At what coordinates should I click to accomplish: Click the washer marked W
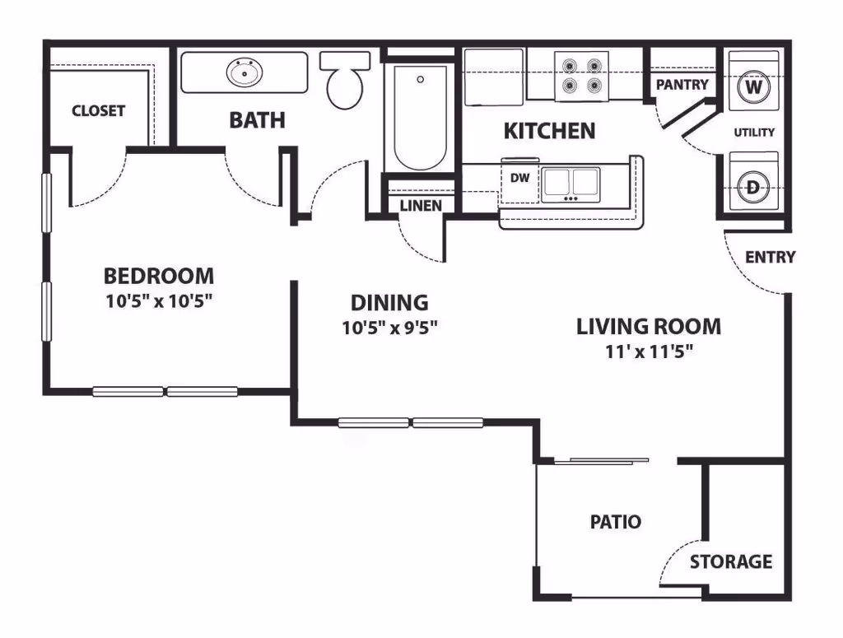click(x=752, y=86)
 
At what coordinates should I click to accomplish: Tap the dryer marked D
click(x=752, y=185)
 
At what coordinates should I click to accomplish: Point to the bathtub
click(x=420, y=116)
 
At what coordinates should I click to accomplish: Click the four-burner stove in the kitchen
click(x=580, y=74)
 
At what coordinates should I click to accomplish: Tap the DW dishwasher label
click(x=520, y=178)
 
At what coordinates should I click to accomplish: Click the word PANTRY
click(x=682, y=84)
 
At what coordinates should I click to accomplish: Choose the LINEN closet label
click(x=421, y=206)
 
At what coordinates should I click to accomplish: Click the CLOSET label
click(x=98, y=110)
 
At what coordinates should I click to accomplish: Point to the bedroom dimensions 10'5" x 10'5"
click(x=158, y=300)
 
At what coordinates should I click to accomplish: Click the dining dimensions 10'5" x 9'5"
click(x=389, y=328)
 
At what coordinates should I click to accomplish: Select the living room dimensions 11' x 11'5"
click(x=649, y=352)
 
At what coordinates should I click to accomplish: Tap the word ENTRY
click(x=770, y=257)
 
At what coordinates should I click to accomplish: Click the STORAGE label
click(x=731, y=562)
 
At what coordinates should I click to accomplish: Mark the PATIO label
click(x=615, y=521)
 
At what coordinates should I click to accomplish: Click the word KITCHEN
click(x=549, y=131)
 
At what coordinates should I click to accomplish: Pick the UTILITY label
click(x=754, y=133)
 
